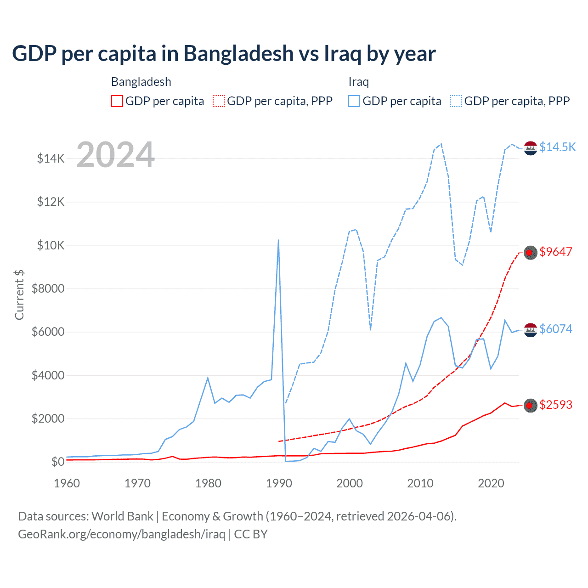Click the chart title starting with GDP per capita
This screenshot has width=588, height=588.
click(x=224, y=54)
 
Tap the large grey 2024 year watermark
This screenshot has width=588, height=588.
click(x=115, y=155)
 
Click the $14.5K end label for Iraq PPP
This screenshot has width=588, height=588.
click(x=557, y=147)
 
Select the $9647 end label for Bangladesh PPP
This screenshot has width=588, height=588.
click(x=556, y=252)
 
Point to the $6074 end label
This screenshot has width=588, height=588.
click(x=556, y=329)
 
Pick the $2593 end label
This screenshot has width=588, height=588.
click(x=556, y=405)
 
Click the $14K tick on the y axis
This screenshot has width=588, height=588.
click(x=51, y=159)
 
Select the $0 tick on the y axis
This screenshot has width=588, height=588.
click(x=57, y=462)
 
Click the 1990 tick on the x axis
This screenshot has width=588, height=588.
click(x=279, y=483)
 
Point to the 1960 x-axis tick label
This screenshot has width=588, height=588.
click(x=67, y=483)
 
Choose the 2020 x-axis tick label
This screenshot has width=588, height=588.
click(x=491, y=483)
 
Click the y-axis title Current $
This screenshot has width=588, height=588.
click(x=19, y=295)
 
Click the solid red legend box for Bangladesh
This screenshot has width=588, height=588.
click(x=117, y=101)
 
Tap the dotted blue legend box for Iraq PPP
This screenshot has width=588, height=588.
click(x=456, y=101)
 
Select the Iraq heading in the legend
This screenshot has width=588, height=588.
click(x=359, y=82)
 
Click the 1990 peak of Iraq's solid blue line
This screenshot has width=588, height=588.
click(x=278, y=240)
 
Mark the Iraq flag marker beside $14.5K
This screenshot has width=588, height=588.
click(x=531, y=148)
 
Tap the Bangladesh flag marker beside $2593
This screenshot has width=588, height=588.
click(x=531, y=405)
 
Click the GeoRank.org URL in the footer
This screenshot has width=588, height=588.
click(x=121, y=534)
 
